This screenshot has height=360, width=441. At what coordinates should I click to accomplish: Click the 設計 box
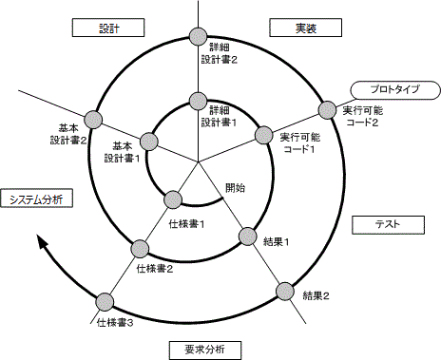pos(108,28)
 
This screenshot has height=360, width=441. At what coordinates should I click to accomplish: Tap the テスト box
pos(387,224)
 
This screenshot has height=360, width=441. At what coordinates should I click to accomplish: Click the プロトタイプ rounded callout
pos(392,90)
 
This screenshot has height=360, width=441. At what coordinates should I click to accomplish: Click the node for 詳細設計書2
pos(199,38)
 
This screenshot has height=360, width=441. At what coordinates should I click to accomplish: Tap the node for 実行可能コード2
pos(327,109)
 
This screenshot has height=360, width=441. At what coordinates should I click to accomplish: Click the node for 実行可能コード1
pos(263,135)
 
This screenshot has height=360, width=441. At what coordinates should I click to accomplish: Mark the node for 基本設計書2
pos(92,119)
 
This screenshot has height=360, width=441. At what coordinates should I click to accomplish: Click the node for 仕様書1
pos(173,199)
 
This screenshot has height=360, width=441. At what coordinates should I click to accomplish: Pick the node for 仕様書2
pos(139,247)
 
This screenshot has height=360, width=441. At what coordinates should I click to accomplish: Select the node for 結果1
pos(248,235)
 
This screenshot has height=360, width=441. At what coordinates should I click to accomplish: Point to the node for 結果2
pos(286,290)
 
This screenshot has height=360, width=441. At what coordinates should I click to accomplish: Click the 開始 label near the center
pos(235,187)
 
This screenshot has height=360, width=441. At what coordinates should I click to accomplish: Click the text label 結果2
pos(316,296)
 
